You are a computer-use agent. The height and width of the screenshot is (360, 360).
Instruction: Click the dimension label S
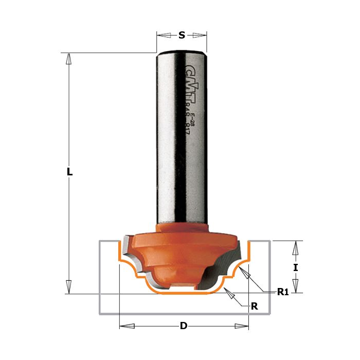click(182, 35)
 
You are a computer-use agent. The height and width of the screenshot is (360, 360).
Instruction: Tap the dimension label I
click(295, 267)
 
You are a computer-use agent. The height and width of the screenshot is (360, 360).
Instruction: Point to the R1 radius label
click(282, 292)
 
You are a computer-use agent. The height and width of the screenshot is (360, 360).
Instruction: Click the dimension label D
click(184, 326)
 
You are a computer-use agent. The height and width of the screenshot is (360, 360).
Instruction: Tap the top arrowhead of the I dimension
click(295, 248)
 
